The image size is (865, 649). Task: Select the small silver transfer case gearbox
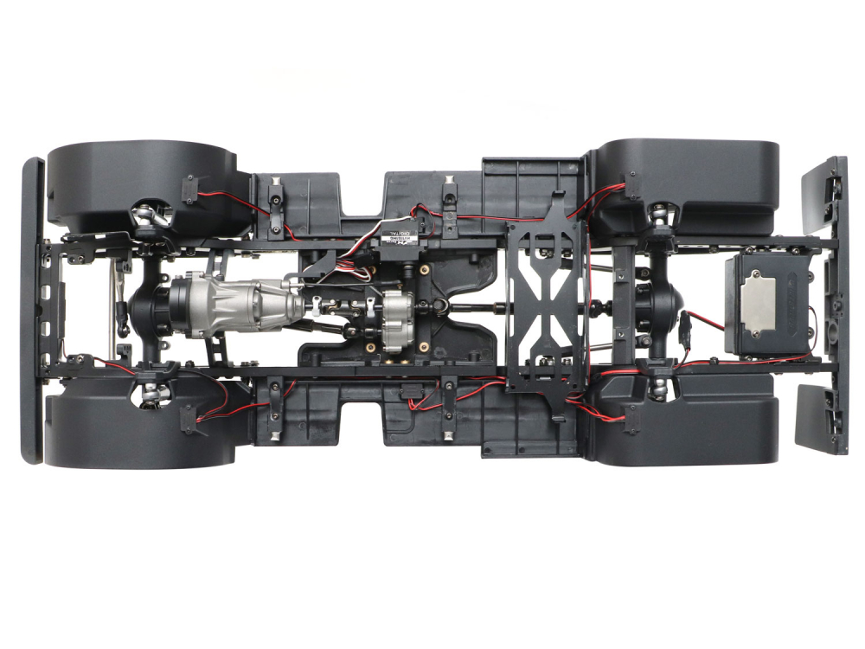coord(397,319)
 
